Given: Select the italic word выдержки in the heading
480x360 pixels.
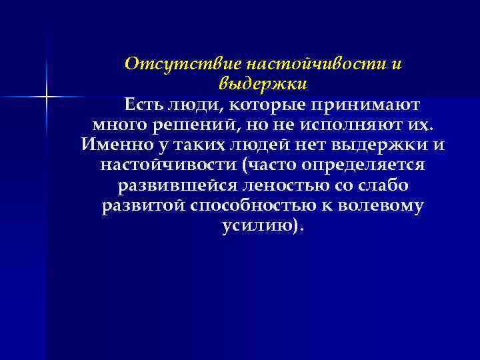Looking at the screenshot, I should tap(263, 84).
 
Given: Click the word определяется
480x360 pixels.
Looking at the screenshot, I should tap(364, 164).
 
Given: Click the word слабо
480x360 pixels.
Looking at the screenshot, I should tap(384, 185).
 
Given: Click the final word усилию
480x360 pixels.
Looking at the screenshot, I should tap(259, 225).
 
